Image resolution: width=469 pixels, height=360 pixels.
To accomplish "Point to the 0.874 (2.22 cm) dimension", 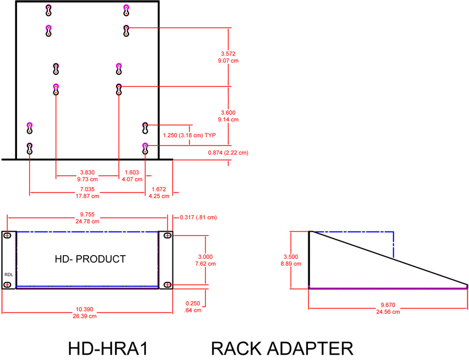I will click(228, 153).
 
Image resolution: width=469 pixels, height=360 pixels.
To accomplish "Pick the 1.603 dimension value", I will click(131, 172).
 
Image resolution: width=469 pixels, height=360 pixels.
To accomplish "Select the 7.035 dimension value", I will click(87, 189).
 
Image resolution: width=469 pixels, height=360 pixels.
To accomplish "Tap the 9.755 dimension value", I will click(86, 215).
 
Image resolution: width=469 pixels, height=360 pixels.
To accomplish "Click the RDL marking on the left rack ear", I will click(8, 273).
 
